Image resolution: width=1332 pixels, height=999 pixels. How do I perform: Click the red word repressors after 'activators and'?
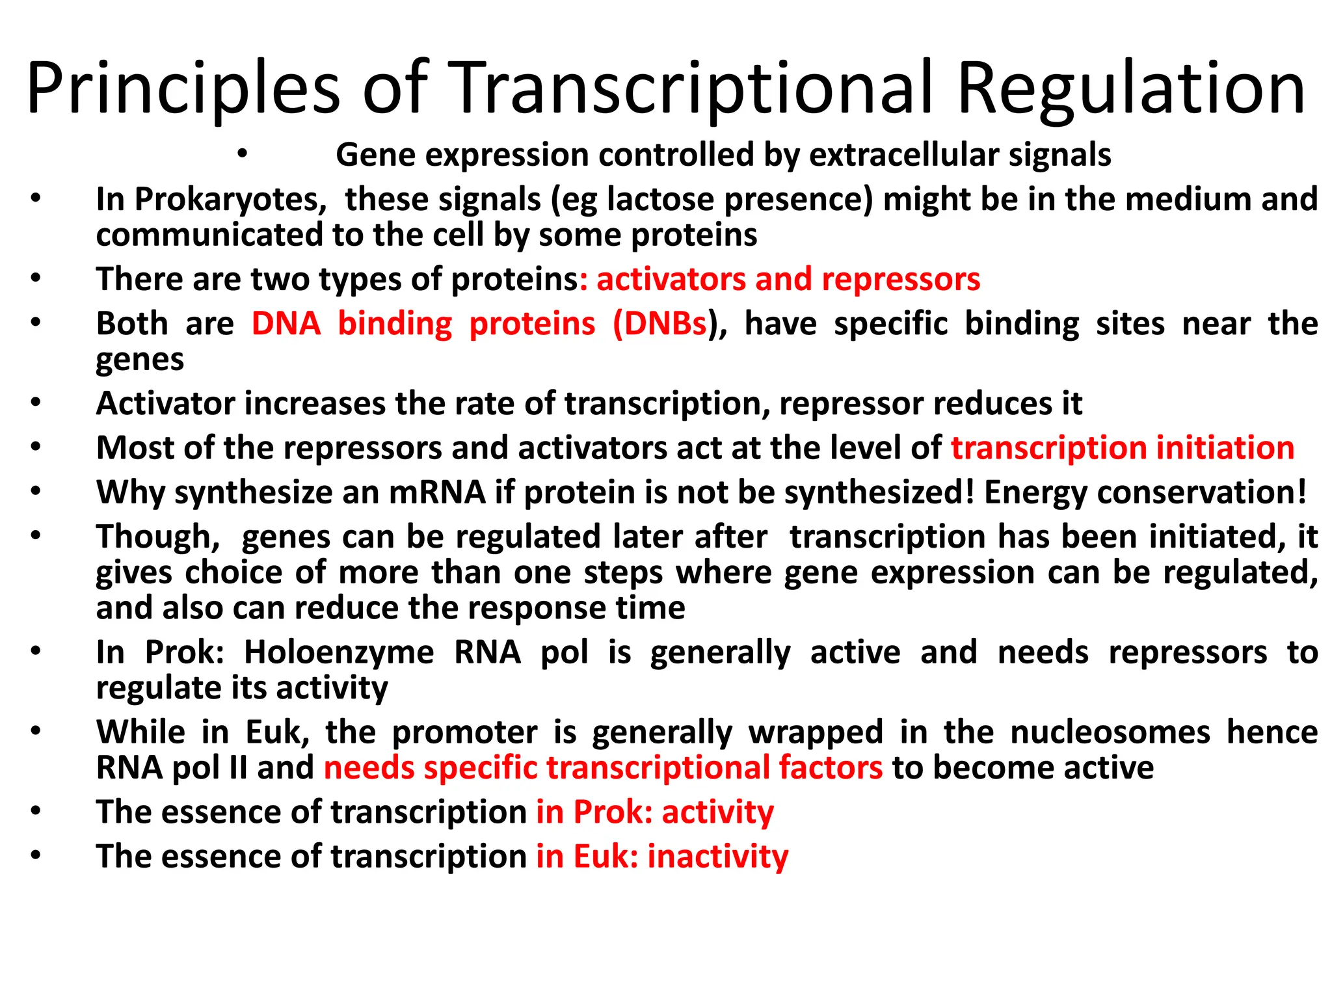click(901, 279)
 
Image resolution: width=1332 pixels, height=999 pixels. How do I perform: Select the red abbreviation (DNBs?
click(659, 323)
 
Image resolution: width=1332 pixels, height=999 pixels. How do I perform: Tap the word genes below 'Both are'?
click(140, 360)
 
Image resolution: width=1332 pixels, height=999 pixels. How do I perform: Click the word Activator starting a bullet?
click(165, 403)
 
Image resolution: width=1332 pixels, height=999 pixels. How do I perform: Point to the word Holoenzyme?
click(338, 652)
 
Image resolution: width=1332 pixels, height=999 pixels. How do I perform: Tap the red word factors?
click(831, 767)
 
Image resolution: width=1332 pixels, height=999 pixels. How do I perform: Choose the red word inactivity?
click(718, 856)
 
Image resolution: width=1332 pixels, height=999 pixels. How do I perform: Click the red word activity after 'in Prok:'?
click(718, 812)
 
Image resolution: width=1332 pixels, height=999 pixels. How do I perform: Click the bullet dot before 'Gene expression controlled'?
click(242, 155)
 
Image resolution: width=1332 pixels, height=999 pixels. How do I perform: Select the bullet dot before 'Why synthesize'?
click(35, 492)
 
